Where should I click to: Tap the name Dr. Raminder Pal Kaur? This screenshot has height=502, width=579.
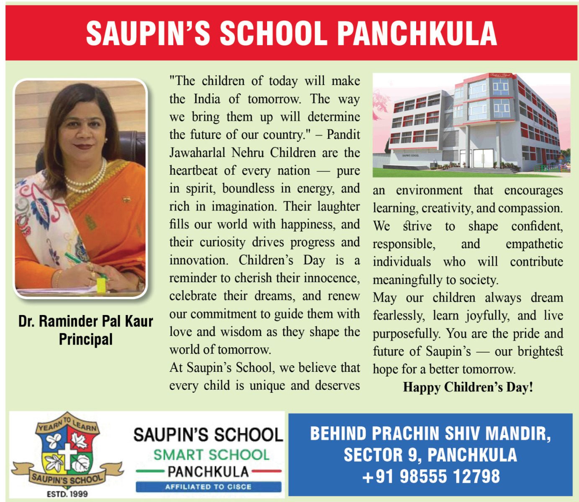click(85, 321)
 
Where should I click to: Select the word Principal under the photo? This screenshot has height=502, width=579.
click(85, 339)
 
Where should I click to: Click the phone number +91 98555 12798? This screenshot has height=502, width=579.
click(431, 476)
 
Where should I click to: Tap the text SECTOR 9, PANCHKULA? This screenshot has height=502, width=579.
click(430, 455)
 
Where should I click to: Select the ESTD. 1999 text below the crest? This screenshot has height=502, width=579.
click(67, 494)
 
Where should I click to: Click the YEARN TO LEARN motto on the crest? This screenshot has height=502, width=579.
click(67, 424)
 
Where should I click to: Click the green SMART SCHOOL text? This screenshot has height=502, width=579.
click(211, 455)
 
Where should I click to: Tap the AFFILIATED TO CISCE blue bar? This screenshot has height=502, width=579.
click(208, 487)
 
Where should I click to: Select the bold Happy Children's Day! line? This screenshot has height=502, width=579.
click(468, 387)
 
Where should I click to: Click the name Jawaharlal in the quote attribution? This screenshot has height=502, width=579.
click(197, 153)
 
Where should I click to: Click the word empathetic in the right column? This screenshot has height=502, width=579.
click(534, 244)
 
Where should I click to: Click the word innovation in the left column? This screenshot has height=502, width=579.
click(198, 260)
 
